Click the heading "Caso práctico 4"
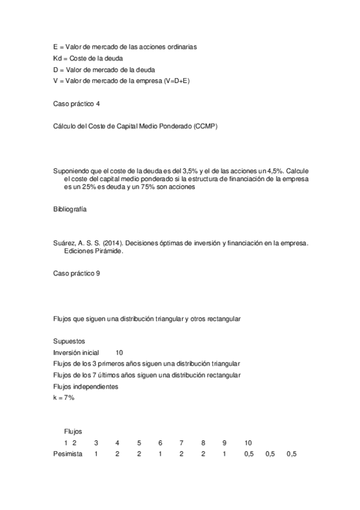[76, 103]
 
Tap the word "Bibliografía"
[70, 209]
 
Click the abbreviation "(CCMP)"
[206, 126]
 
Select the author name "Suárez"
[64, 243]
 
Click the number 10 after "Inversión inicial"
[119, 352]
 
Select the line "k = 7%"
[64, 398]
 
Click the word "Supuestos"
[70, 341]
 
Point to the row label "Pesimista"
[68, 454]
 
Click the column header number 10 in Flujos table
[248, 443]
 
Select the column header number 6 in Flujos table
[160, 443]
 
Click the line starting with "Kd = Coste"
[88, 58]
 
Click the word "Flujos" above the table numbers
[73, 431]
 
